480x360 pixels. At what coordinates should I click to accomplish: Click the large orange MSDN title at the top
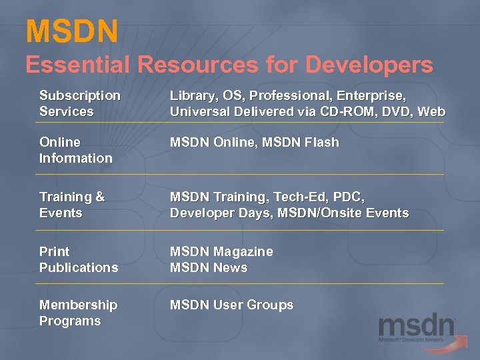(72, 31)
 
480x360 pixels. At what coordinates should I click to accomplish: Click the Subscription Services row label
(80, 103)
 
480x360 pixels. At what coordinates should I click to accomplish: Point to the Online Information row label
(75, 150)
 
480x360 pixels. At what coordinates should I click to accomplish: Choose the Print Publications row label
(79, 259)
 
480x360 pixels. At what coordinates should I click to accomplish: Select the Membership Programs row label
(78, 313)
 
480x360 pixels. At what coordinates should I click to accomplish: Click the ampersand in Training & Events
(100, 197)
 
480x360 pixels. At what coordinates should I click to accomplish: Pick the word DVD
(399, 111)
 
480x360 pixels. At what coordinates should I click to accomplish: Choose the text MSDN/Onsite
(316, 213)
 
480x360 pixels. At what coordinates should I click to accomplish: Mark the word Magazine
(243, 251)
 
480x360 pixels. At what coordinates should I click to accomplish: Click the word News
(230, 267)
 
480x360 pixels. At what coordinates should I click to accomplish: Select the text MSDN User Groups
(231, 305)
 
